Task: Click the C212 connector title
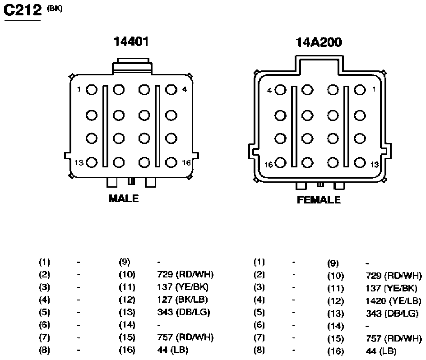pyautogui.click(x=23, y=10)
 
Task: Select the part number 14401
pyautogui.click(x=131, y=42)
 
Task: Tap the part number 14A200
pyautogui.click(x=319, y=42)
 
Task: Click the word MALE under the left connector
pyautogui.click(x=124, y=198)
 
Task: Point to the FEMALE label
pyautogui.click(x=319, y=200)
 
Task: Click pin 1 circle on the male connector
pyautogui.click(x=92, y=90)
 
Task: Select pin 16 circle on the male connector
pyautogui.click(x=171, y=162)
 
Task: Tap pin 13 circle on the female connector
pyautogui.click(x=360, y=163)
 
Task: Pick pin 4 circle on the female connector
pyautogui.click(x=280, y=90)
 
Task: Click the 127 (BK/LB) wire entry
pyautogui.click(x=183, y=300)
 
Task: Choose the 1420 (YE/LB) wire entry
pyautogui.click(x=394, y=301)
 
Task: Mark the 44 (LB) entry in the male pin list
pyautogui.click(x=172, y=350)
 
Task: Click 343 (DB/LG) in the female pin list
pyautogui.click(x=392, y=313)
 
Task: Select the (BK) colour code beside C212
pyautogui.click(x=55, y=9)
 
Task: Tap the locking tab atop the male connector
pyautogui.click(x=133, y=65)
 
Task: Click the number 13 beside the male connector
pyautogui.click(x=79, y=162)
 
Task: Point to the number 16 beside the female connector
pyautogui.click(x=269, y=165)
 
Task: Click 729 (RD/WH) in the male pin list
pyautogui.click(x=185, y=274)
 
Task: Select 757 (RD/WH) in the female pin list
pyautogui.click(x=394, y=338)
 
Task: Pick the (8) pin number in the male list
pyautogui.click(x=45, y=350)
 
